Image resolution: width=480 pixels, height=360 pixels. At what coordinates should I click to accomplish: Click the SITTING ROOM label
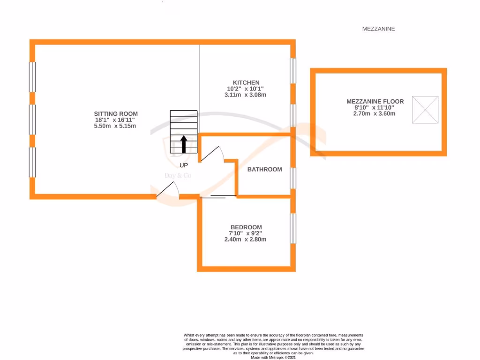[116, 113]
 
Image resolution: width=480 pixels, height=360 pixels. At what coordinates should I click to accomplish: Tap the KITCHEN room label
[246, 82]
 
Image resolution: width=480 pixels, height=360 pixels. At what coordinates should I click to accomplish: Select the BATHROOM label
[264, 169]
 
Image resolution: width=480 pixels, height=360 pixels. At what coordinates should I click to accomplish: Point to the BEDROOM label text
[246, 227]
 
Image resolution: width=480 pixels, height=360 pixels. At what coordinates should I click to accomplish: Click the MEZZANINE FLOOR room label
[375, 101]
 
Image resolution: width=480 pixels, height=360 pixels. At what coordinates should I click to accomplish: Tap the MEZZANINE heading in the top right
[378, 29]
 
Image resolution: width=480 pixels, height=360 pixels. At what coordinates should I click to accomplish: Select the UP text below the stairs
[184, 165]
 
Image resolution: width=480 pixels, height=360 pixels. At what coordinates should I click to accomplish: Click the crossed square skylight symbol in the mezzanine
[425, 110]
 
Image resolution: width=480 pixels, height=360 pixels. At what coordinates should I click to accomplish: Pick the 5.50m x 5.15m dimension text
[116, 126]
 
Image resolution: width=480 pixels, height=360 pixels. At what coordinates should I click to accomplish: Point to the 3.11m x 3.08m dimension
[246, 95]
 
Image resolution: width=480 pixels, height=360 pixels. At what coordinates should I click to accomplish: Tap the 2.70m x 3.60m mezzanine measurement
[375, 113]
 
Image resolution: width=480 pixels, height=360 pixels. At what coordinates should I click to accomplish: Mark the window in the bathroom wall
[293, 178]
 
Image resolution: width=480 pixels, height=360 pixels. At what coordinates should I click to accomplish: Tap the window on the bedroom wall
[293, 228]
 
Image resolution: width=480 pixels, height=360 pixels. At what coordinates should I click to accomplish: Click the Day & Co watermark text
[178, 176]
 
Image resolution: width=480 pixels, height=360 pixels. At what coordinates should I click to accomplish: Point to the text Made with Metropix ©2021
[273, 357]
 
